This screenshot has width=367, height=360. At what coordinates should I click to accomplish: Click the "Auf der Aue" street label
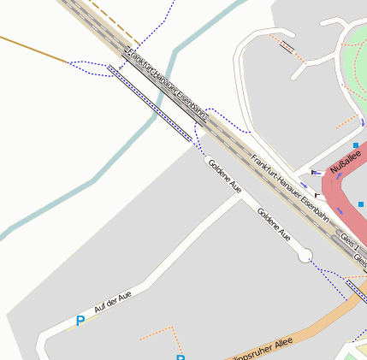pyautogui.click(x=113, y=304)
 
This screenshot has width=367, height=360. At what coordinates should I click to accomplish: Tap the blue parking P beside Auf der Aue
pyautogui.click(x=80, y=322)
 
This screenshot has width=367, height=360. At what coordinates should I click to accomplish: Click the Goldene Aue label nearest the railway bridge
pyautogui.click(x=225, y=175)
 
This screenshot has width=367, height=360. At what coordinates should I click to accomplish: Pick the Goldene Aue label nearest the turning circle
pyautogui.click(x=274, y=224)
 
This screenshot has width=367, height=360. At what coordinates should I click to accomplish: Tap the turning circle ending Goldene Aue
pyautogui.click(x=305, y=255)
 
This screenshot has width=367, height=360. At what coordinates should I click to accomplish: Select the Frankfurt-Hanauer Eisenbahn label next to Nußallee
pyautogui.click(x=291, y=188)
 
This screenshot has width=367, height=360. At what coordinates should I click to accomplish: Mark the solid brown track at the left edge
pyautogui.click(x=34, y=49)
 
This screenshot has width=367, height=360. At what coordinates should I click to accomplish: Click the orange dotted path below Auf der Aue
pyautogui.click(x=158, y=328)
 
